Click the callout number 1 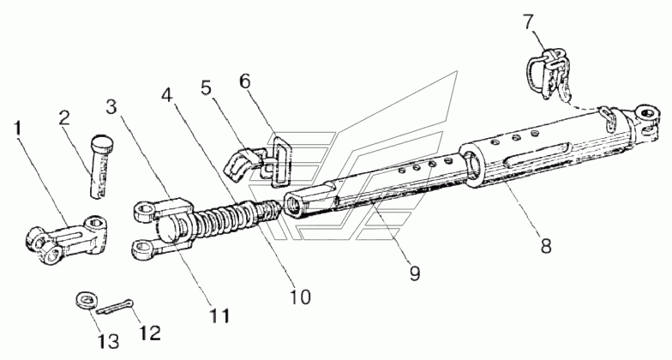tap(17, 129)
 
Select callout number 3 tap(111, 107)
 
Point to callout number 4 tap(167, 95)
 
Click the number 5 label tap(206, 87)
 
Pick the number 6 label tap(245, 81)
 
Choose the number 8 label tap(545, 247)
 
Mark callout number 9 tap(415, 273)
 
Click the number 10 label tap(300, 297)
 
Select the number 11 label tap(219, 315)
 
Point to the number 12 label tap(150, 333)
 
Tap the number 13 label tap(108, 341)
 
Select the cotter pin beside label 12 tap(115, 307)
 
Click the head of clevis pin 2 tap(104, 144)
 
